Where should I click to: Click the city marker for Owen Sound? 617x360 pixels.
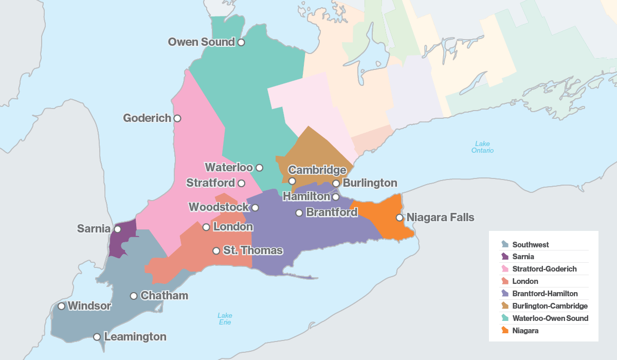coord(241,43)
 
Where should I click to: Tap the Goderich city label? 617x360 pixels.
coord(147,118)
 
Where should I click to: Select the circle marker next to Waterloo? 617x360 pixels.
coord(260,168)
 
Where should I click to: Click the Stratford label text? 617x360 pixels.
coord(210,183)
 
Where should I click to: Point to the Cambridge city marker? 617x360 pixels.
coord(292,181)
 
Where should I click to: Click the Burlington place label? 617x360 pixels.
coord(370,183)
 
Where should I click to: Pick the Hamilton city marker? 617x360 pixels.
coord(336,197)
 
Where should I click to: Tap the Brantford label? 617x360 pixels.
coord(331,212)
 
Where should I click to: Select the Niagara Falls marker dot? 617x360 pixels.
coord(400,218)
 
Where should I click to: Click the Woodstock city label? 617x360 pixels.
coord(219,207)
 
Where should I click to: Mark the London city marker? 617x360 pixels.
coord(206,227)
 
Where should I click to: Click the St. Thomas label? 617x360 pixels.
coord(252,250)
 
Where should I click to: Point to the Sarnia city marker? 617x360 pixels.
coord(117,229)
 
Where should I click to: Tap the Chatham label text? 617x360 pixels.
coord(164,296)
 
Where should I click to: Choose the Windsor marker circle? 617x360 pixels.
coord(61,306)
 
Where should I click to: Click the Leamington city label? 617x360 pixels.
coord(135,337)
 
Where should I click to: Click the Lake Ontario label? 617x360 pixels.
coord(482,147)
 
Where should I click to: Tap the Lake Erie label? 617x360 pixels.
coord(224,319)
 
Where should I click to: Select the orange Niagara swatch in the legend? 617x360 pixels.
coord(505,331)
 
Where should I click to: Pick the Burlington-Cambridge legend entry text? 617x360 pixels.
coord(550,306)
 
